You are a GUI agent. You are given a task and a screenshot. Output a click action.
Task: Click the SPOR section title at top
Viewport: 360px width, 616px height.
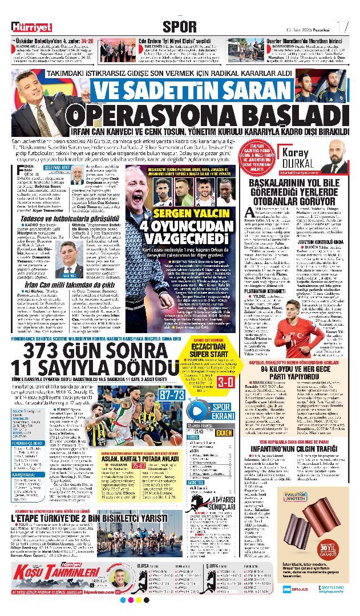pos(180,26)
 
